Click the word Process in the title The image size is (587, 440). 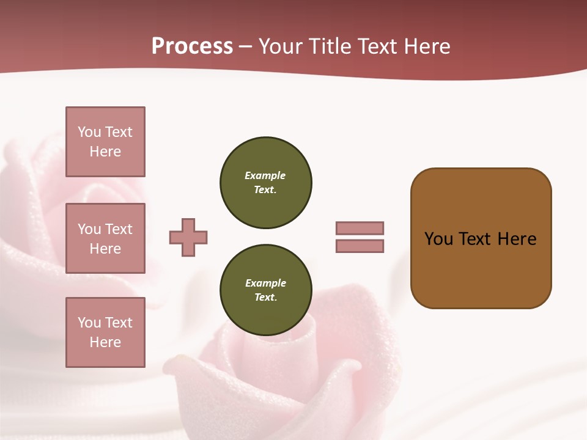click(192, 46)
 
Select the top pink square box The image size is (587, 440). click(105, 142)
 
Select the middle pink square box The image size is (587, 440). click(105, 238)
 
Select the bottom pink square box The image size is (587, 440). click(105, 332)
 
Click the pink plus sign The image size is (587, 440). click(188, 237)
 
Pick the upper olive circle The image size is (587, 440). click(266, 183)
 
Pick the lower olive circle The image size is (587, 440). click(266, 290)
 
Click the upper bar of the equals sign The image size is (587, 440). click(360, 228)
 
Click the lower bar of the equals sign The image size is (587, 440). click(360, 246)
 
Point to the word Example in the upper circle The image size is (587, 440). click(265, 175)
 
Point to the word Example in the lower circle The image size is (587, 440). click(265, 283)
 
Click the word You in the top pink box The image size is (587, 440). click(89, 132)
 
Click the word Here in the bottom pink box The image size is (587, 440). click(105, 342)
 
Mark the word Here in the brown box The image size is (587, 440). click(517, 239)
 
